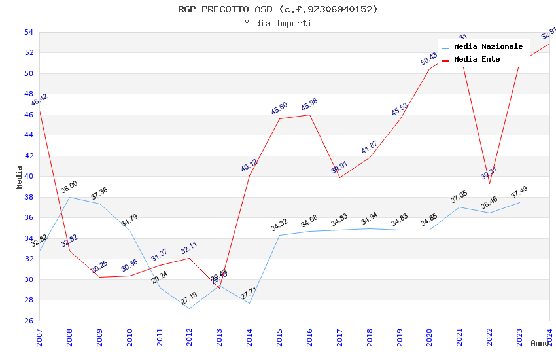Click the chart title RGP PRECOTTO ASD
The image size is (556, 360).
click(277, 9)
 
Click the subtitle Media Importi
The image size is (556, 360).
click(277, 24)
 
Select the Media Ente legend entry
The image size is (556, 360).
click(476, 60)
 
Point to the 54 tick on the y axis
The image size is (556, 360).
click(28, 32)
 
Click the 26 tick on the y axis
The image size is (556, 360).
click(28, 321)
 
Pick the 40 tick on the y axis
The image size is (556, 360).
click(28, 177)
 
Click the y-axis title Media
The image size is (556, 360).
click(20, 177)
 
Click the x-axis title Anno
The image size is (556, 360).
click(540, 343)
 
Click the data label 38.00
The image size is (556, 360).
click(69, 187)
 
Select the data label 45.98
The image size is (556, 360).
click(309, 105)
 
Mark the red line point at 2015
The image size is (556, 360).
click(280, 118)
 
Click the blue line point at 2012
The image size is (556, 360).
click(190, 308)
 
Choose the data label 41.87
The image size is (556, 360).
click(369, 147)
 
